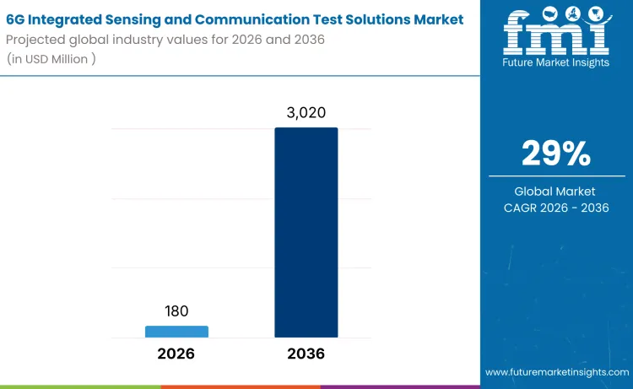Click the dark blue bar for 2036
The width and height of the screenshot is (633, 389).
coord(306,232)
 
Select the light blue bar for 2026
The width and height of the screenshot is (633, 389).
coord(176,331)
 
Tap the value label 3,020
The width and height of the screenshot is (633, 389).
coord(306,113)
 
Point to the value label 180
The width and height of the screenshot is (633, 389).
coord(176,311)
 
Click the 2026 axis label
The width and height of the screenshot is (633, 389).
coord(176,354)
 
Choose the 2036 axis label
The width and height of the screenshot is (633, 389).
coord(306,354)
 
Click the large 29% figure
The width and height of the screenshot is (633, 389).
coord(556,153)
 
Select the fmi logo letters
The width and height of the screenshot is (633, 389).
coord(556,31)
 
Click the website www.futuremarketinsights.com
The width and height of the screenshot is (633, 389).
coord(556,372)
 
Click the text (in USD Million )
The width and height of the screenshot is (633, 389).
coord(51,58)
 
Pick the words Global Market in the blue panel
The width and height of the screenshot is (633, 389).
coord(556,192)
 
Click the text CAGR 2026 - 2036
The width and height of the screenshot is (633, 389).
coord(556,208)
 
